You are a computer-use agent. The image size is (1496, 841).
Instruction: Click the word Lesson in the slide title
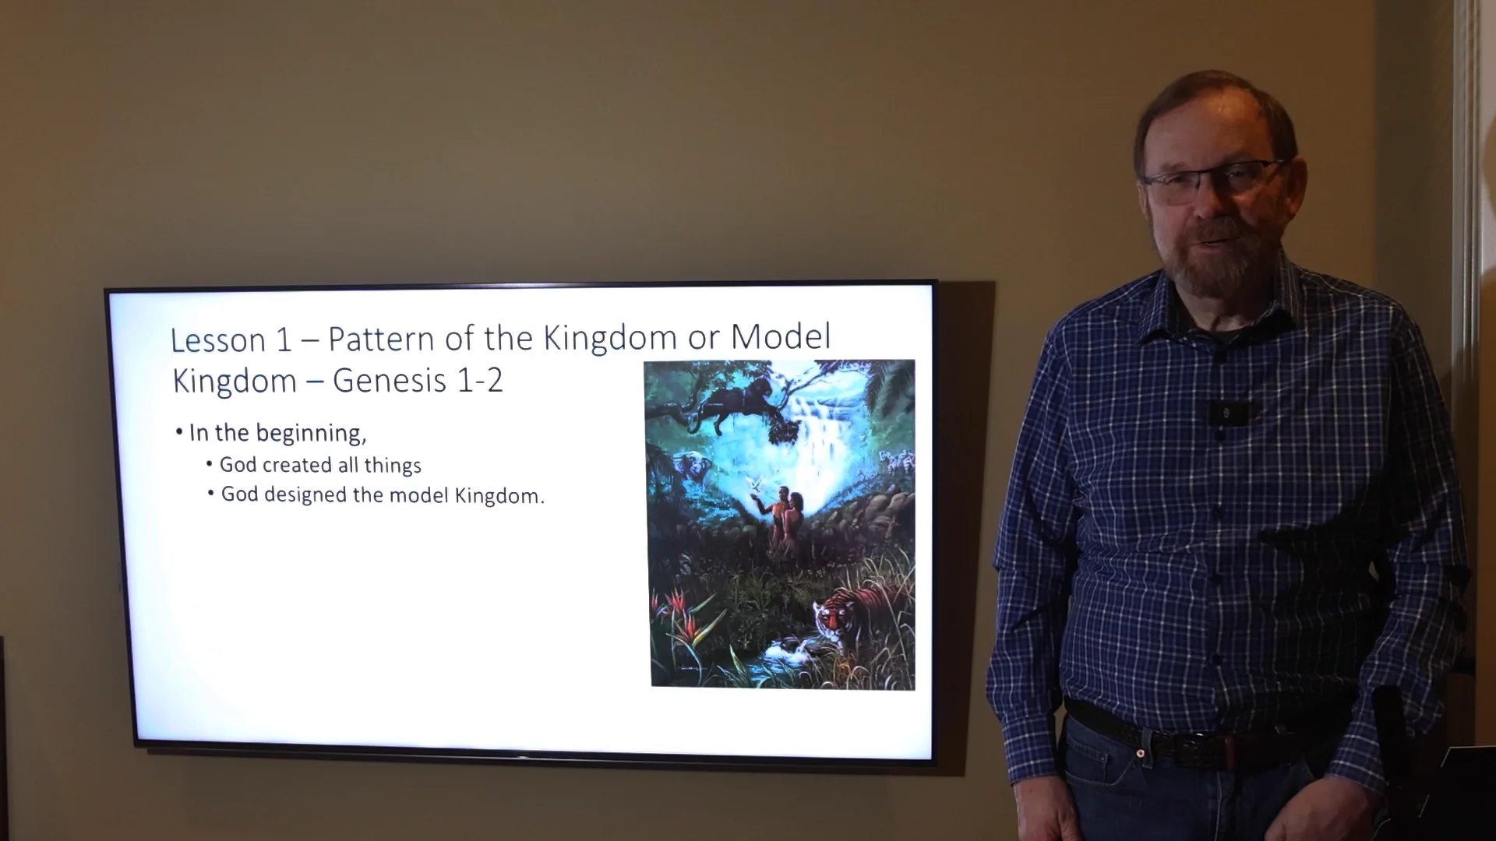coord(217,341)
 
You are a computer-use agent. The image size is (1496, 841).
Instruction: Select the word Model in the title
coord(781,336)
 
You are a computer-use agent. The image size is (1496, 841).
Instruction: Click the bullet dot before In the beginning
coord(180,432)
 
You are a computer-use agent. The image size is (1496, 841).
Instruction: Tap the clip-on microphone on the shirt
coord(1224,411)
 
